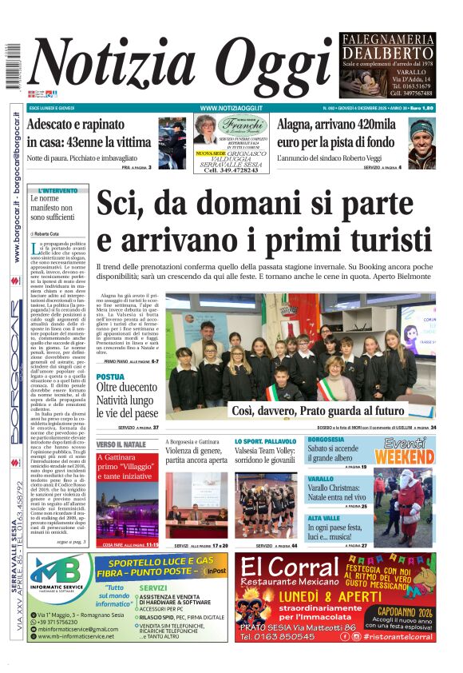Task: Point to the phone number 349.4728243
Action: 231,170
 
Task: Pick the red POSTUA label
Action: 110,376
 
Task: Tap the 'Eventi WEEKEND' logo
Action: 404,452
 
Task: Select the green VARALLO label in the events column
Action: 321,479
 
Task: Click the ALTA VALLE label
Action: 324,518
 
